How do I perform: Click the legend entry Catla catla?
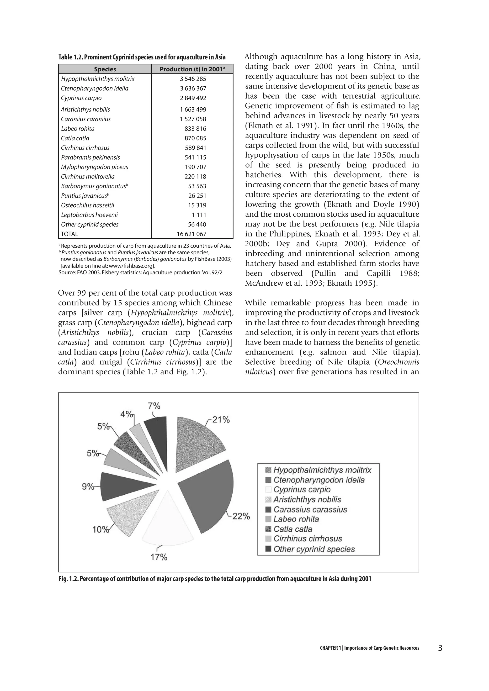(x=293, y=529)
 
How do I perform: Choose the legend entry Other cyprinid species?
(x=314, y=549)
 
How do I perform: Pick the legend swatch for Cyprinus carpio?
(x=268, y=490)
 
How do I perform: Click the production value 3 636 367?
(x=193, y=89)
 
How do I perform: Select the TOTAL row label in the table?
(x=69, y=234)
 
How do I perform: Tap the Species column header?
(x=105, y=69)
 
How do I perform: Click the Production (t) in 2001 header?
(x=192, y=69)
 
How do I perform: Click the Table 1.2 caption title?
(x=142, y=57)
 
